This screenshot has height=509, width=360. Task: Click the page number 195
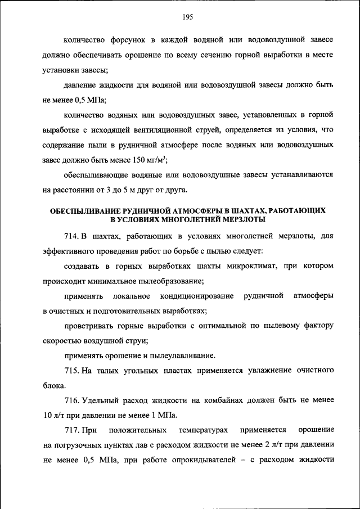pos(187,17)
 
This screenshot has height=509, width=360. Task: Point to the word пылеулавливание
pos(186,355)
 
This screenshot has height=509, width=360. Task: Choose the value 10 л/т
pos(52,416)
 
